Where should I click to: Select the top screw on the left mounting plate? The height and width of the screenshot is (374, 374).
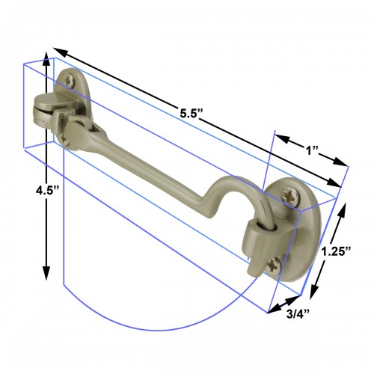[x=70, y=79]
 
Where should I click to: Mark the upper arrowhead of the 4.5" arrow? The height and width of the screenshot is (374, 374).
[x=47, y=58]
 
